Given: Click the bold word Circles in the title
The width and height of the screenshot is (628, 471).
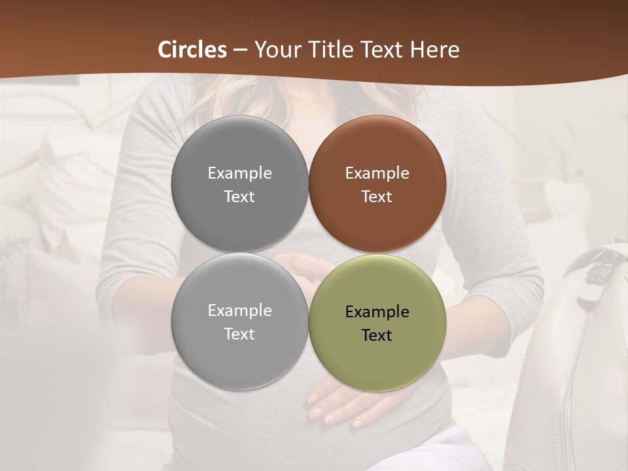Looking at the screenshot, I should [x=192, y=50].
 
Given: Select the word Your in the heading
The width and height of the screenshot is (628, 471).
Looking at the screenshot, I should [x=276, y=50].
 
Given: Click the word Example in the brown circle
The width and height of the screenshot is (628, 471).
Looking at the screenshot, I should [x=377, y=173].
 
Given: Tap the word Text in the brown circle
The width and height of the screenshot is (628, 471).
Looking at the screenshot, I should [x=377, y=196].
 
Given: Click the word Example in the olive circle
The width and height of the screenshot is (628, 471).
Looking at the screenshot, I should [x=377, y=311].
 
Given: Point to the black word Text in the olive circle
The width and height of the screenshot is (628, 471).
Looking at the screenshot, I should [x=377, y=335].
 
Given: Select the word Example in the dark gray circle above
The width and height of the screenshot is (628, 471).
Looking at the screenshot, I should [x=239, y=173].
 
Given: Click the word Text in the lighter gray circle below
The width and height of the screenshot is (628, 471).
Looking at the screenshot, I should [x=239, y=334].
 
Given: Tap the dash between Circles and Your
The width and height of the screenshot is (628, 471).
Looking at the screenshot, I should [x=240, y=50].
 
